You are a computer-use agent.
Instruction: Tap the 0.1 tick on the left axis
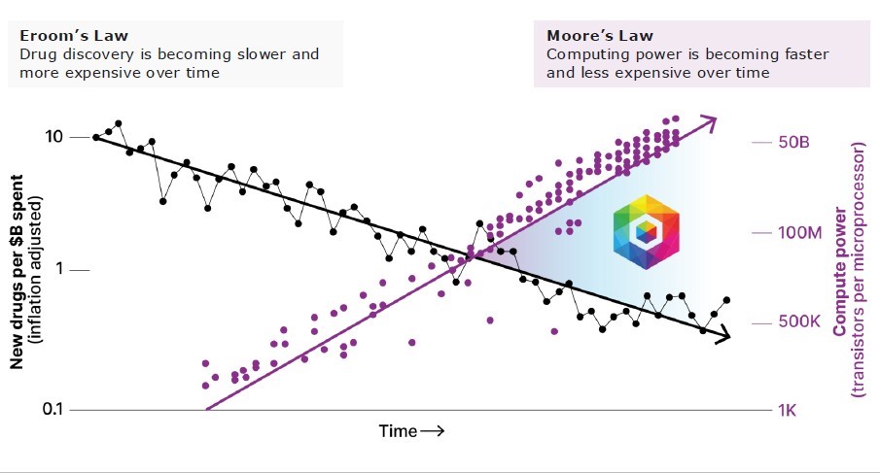click(47, 410)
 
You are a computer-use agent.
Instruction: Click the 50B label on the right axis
click(793, 142)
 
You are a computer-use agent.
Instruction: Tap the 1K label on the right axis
click(788, 410)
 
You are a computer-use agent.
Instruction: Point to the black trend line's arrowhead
click(723, 336)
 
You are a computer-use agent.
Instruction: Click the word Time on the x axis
click(398, 430)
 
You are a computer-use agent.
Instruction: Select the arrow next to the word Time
click(433, 430)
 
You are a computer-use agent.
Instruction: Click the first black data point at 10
click(95, 137)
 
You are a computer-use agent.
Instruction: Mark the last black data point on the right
click(726, 300)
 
